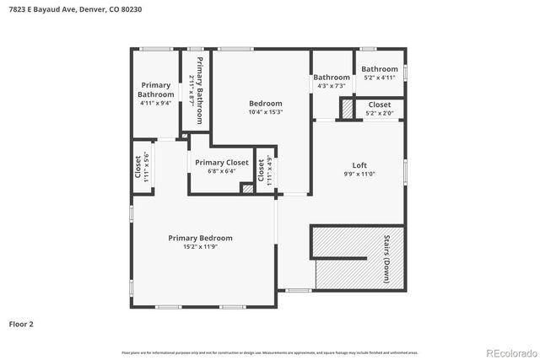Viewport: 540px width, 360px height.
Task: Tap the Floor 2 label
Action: (21, 323)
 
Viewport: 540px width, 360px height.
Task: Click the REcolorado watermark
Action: (509, 352)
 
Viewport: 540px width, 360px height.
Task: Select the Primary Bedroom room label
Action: (200, 238)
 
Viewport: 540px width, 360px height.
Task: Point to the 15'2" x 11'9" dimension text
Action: (200, 247)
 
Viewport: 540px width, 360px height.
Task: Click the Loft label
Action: (359, 164)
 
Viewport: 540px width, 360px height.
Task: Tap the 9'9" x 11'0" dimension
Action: (359, 174)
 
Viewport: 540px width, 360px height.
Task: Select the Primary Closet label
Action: (222, 162)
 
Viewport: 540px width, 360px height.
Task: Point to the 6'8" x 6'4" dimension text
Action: (222, 171)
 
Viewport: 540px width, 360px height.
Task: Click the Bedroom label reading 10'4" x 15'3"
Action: (265, 104)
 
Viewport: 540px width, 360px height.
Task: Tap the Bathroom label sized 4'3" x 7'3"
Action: (332, 78)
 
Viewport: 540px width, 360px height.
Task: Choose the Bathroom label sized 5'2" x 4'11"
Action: (380, 69)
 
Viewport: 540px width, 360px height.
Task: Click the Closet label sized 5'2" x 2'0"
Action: (379, 105)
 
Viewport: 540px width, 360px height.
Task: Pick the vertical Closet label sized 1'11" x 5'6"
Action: (139, 168)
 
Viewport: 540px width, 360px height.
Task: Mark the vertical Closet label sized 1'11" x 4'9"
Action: (262, 171)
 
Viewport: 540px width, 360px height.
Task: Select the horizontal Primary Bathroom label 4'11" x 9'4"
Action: (156, 89)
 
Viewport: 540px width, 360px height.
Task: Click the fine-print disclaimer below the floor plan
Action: (269, 352)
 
